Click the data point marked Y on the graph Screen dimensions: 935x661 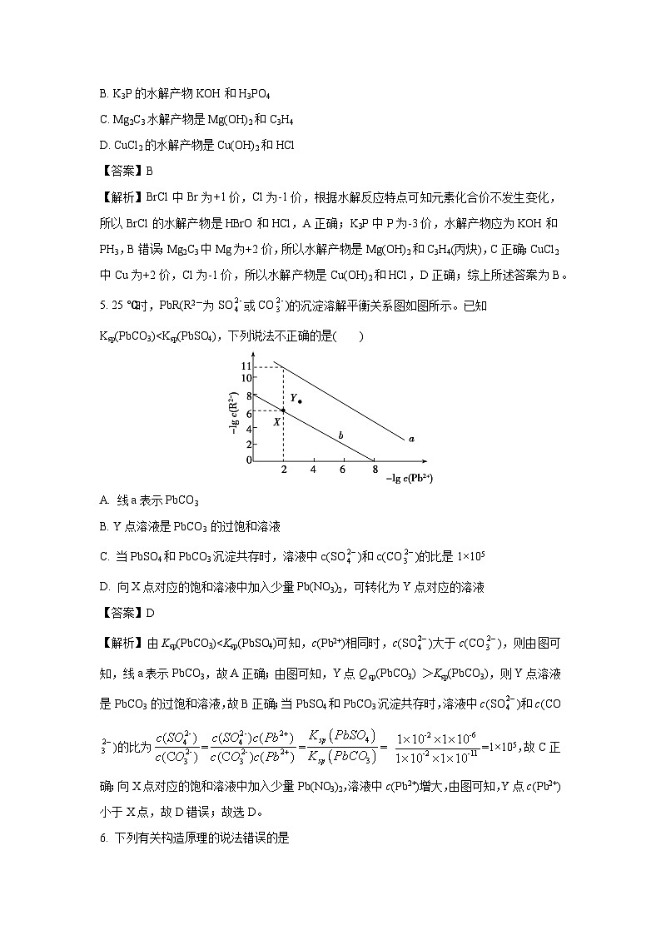point(300,401)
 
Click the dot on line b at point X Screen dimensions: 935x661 point(284,410)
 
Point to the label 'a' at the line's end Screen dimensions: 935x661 point(411,437)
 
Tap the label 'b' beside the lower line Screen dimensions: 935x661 point(340,435)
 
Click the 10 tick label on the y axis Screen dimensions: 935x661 point(246,378)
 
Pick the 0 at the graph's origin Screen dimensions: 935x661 point(248,460)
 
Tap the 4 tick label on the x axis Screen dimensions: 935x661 point(314,470)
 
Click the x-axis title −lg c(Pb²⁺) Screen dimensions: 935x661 point(410,479)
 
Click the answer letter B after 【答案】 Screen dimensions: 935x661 point(150,172)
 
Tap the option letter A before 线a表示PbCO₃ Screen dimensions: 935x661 point(103,500)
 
